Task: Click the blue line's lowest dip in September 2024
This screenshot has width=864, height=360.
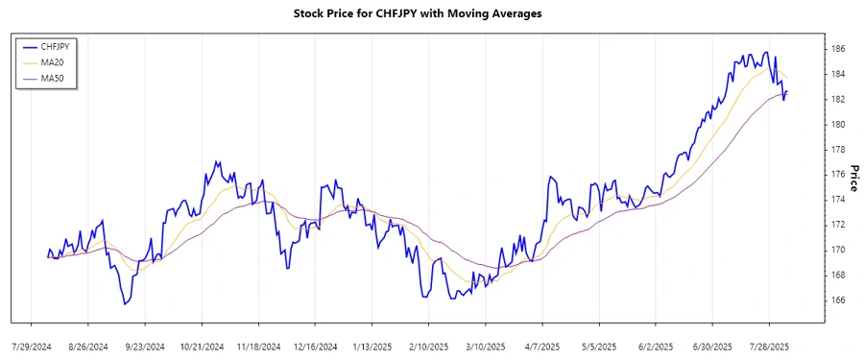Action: pos(124,304)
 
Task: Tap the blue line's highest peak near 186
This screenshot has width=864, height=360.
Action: pos(765,52)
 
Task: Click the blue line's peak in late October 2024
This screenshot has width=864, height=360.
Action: pos(218,161)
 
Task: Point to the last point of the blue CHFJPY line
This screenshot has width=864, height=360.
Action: pos(788,92)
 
